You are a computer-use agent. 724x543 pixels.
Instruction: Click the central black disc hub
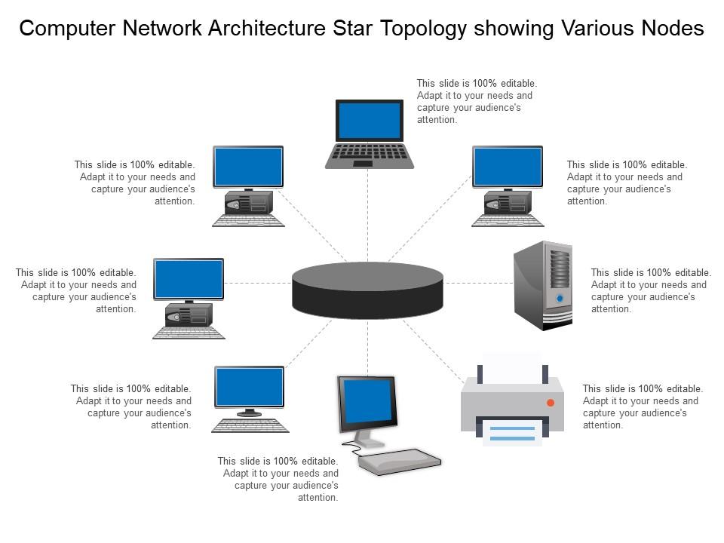tap(367, 290)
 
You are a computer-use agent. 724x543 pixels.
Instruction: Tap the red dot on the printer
tap(551, 403)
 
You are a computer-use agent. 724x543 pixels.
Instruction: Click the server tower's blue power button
tap(560, 299)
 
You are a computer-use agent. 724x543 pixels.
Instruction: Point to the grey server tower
tap(542, 285)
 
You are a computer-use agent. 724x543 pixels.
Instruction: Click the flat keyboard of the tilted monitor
tap(399, 459)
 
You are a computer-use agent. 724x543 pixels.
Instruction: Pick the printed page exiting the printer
tap(513, 431)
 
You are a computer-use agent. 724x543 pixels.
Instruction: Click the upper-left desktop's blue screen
tap(248, 167)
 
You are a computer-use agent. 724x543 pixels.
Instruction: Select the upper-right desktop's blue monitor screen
tap(507, 167)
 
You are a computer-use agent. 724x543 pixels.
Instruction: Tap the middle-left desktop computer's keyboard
tap(189, 332)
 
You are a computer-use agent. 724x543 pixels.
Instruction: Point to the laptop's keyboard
tap(370, 153)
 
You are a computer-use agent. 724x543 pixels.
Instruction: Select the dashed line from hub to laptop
tap(367, 215)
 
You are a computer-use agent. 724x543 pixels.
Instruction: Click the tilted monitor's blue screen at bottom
tap(368, 402)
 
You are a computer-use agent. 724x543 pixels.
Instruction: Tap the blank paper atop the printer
tap(513, 369)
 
